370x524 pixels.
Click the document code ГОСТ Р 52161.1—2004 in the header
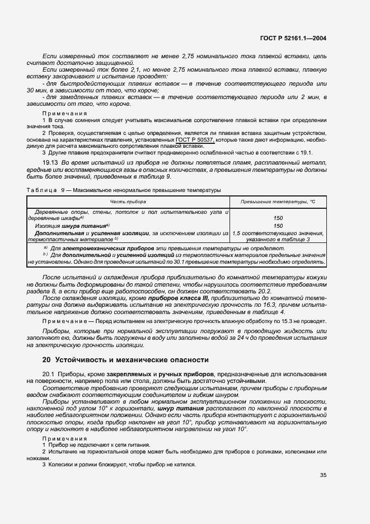pyautogui.click(x=293, y=39)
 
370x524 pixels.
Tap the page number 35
pyautogui.click(x=323, y=476)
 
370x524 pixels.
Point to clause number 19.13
pyautogui.click(x=51, y=162)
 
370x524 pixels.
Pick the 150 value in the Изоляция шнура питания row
pyautogui.click(x=278, y=226)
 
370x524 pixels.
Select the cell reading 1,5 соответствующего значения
pyautogui.click(x=278, y=232)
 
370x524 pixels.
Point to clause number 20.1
pyautogui.click(x=50, y=374)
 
